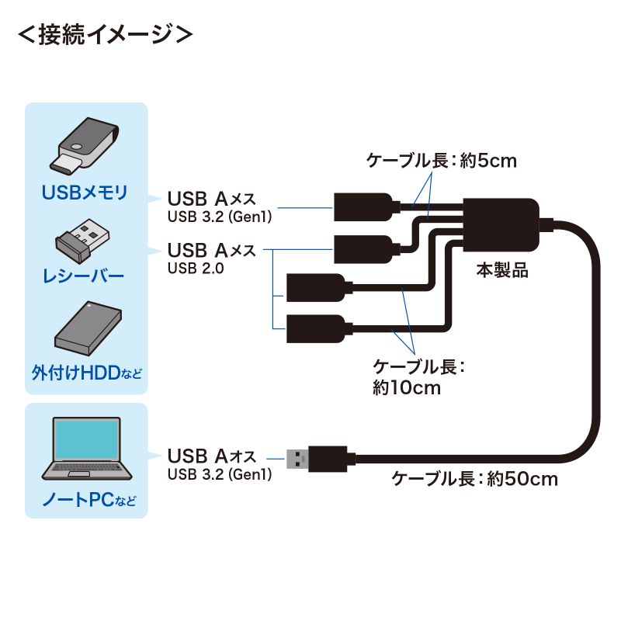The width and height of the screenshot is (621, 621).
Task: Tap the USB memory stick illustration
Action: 86,147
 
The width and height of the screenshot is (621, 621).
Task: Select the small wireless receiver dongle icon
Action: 82,238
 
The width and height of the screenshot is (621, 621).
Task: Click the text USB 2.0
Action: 195,268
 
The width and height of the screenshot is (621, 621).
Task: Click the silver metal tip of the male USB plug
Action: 296,458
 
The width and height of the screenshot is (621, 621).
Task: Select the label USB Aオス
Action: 210,456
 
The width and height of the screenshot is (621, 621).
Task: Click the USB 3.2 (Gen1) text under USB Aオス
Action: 219,474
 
